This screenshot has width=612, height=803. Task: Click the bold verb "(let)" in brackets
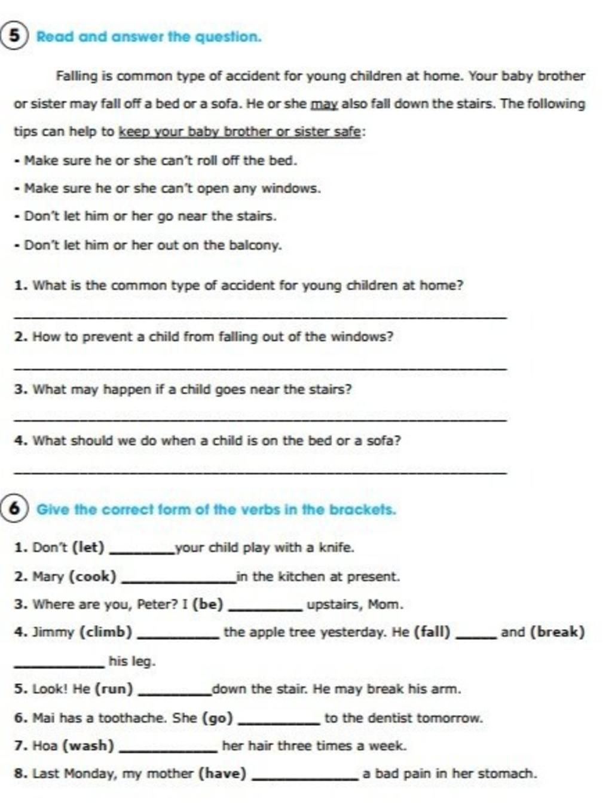88,547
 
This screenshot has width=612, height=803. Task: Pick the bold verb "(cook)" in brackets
93,577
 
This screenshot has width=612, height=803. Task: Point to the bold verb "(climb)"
106,632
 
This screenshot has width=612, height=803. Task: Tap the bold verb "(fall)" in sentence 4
432,632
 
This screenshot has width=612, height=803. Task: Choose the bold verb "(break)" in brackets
558,632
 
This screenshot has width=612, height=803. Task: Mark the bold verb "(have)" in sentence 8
222,774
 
